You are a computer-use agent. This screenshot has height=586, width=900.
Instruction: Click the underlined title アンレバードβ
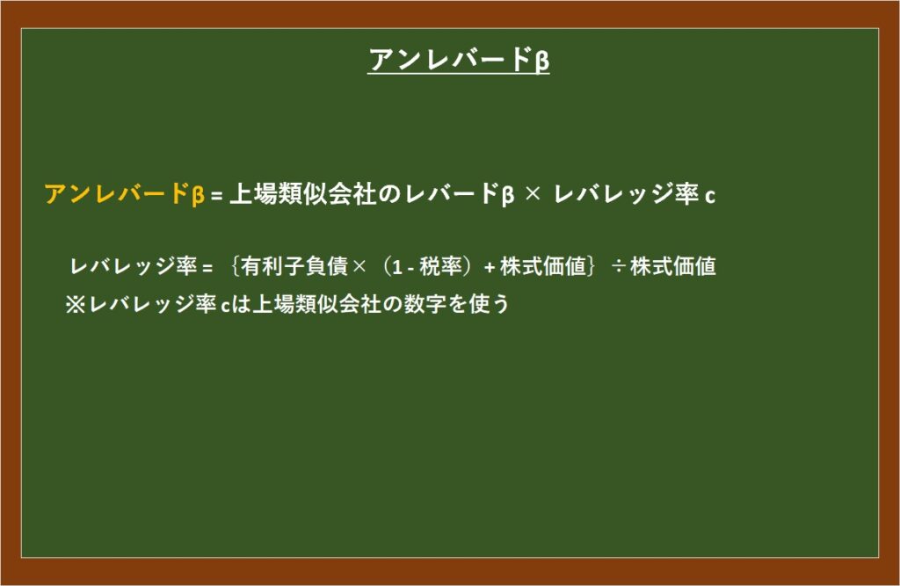459,60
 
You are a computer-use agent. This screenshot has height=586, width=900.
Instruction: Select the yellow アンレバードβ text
125,194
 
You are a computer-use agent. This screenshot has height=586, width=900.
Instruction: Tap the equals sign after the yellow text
216,197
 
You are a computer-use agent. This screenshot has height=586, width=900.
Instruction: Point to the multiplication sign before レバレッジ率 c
533,194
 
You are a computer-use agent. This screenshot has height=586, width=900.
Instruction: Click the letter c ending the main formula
710,197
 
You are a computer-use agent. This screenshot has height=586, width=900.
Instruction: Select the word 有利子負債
294,265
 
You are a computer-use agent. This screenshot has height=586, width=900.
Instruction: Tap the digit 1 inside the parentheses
396,267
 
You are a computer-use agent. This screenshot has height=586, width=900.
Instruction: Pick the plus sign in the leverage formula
489,267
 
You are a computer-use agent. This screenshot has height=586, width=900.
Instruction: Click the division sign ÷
618,267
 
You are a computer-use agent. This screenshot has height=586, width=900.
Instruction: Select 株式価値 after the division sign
672,265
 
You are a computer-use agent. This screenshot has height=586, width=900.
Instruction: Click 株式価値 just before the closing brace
543,265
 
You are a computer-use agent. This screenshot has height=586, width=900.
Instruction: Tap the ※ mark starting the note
76,304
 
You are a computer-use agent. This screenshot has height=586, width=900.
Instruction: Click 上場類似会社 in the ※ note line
316,304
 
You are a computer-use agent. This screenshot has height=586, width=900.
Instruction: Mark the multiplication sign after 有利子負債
359,267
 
